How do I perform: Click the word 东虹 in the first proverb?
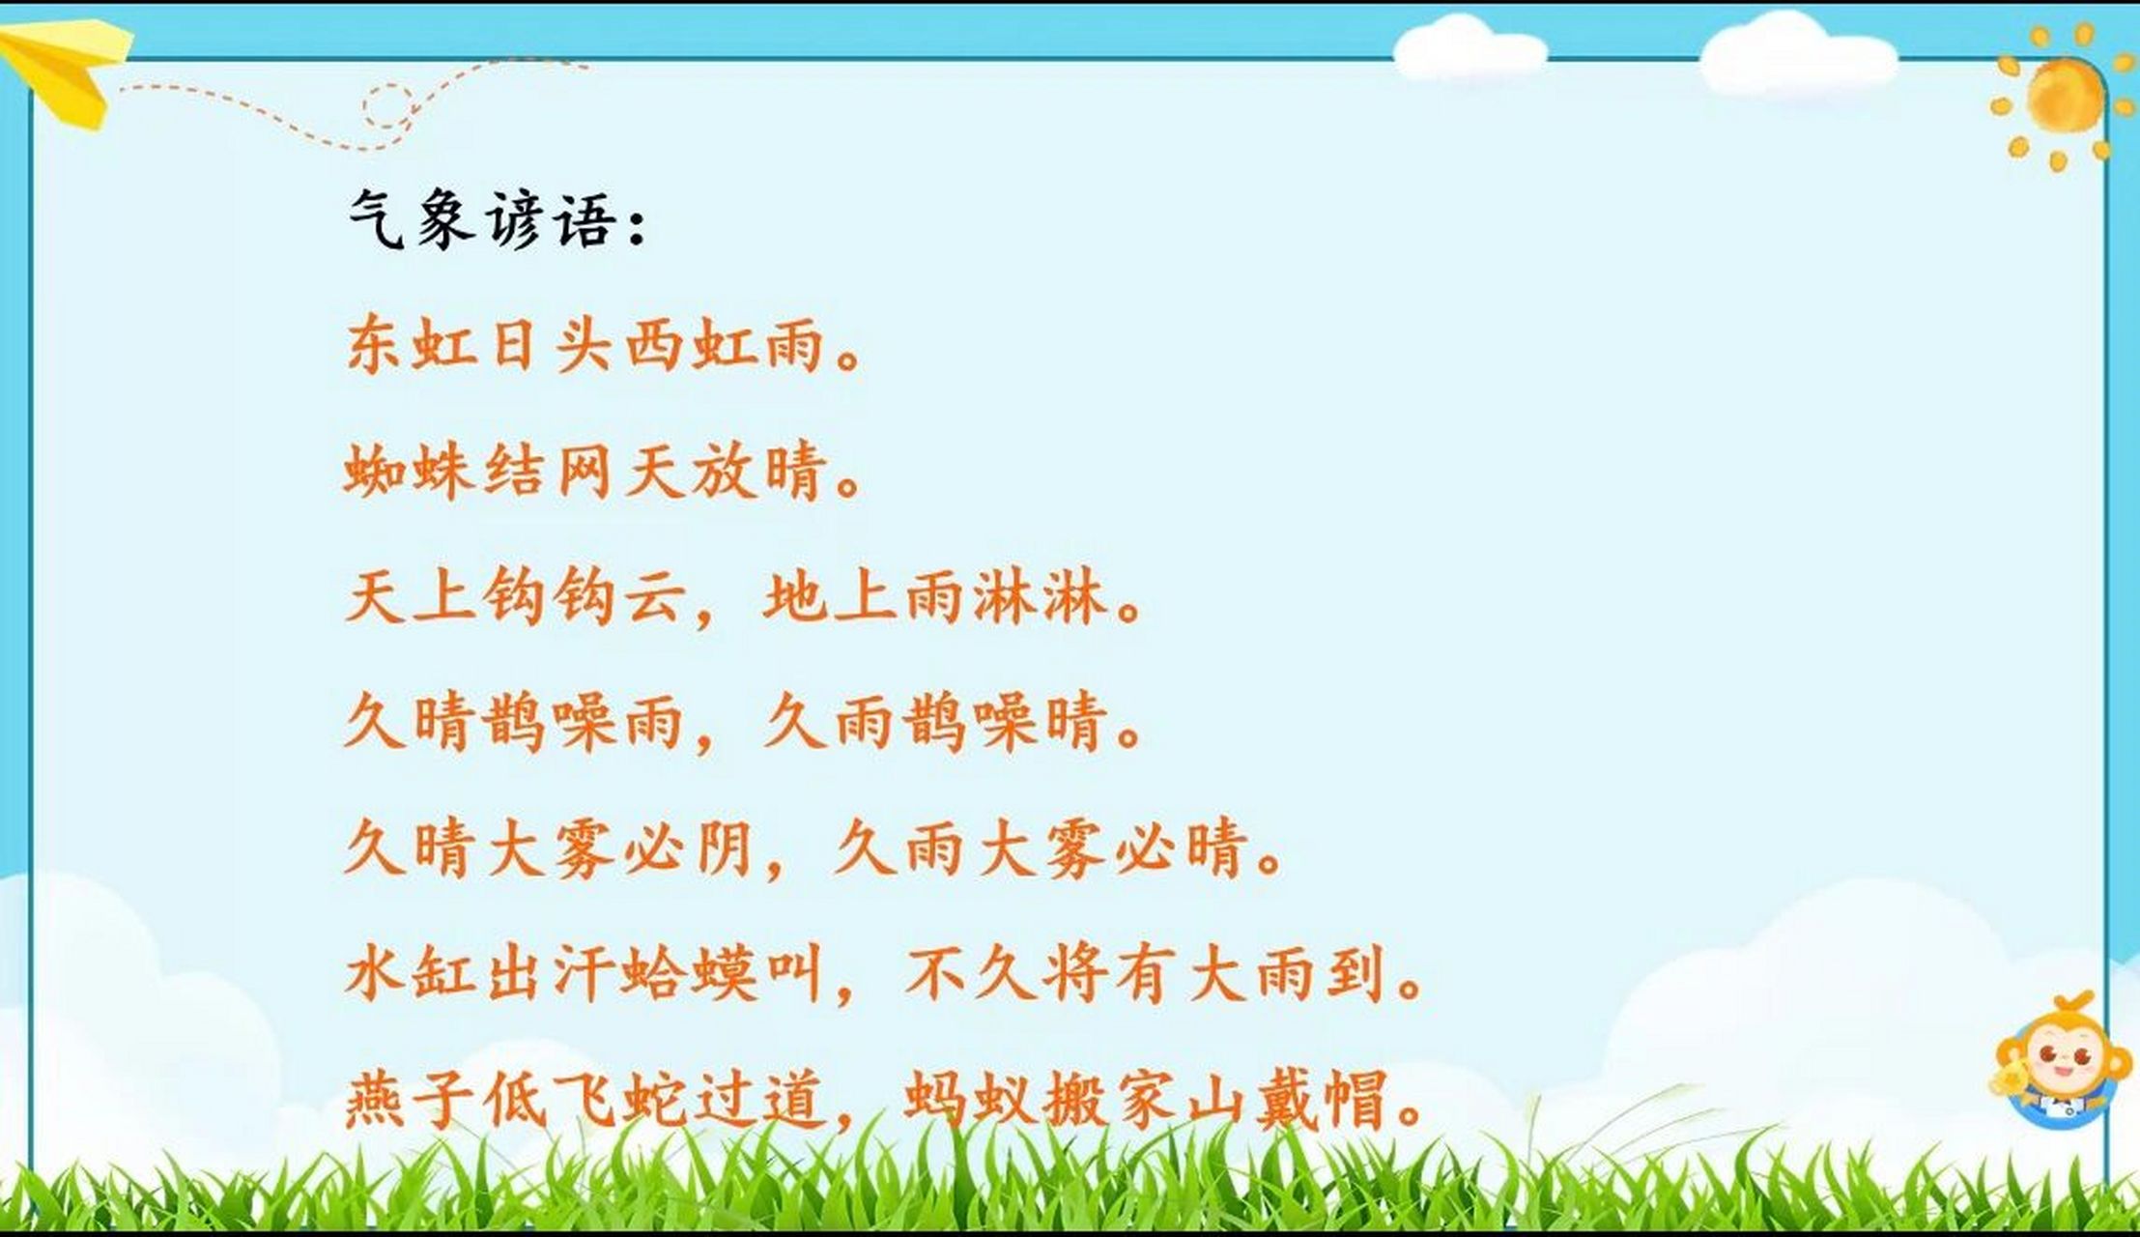click(410, 345)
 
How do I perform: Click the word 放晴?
click(758, 473)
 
